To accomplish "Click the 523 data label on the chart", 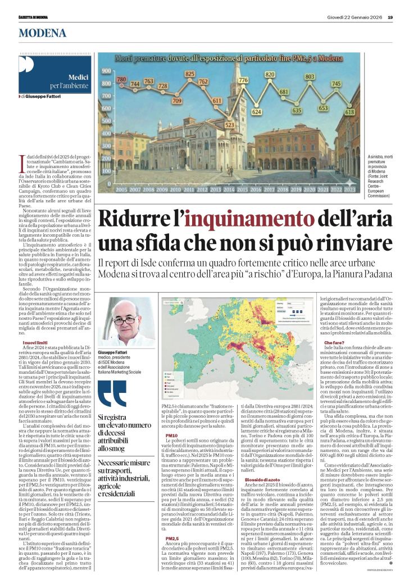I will tap(230, 125).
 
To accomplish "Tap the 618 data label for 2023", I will tap(349, 112).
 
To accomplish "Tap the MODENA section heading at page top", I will tap(42, 33).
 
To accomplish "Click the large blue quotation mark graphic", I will tap(112, 393).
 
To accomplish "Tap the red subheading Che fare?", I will tap(334, 342).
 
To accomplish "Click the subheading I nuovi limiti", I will tap(35, 342).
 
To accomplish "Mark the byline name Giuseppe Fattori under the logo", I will tap(43, 97).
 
